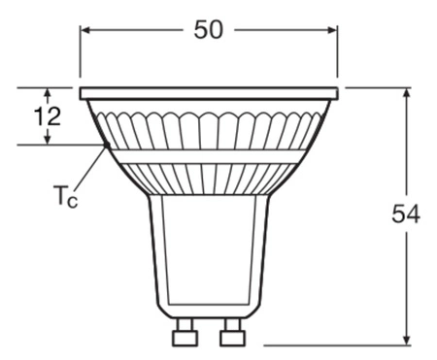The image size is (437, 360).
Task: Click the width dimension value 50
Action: click(208, 29)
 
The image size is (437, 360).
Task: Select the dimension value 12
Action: click(46, 117)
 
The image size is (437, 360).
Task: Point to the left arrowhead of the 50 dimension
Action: click(85, 30)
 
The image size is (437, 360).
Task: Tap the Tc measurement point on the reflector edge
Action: click(105, 146)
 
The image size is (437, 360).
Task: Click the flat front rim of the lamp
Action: click(209, 93)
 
